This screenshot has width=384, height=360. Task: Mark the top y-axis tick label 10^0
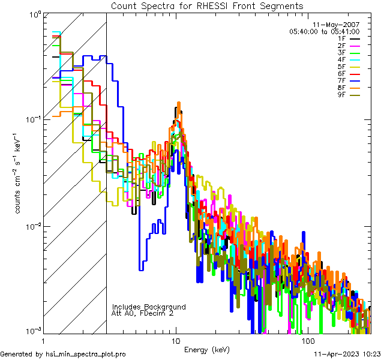pos(33,14)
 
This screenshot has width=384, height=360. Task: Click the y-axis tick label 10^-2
pos(32,226)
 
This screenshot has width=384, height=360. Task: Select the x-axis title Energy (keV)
pos(207,349)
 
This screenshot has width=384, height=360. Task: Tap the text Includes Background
pos(149,307)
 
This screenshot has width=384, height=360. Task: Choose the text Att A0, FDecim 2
pos(143,313)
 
